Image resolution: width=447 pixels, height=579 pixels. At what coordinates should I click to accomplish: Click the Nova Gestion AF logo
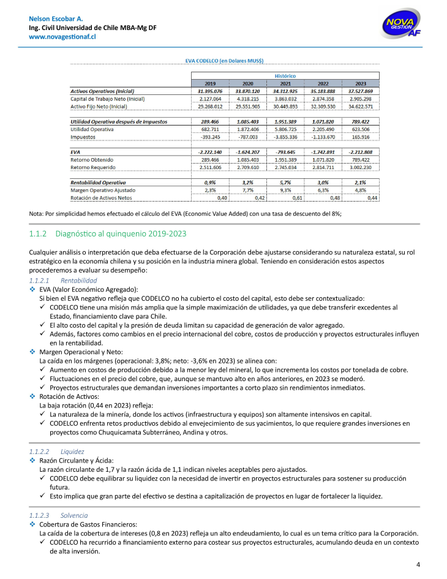click(400, 26)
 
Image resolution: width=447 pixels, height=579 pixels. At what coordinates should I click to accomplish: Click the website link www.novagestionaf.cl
click(62, 37)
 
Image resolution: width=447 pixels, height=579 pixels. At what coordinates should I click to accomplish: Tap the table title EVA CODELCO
click(224, 61)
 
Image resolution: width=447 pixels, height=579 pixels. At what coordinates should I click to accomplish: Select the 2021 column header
click(285, 83)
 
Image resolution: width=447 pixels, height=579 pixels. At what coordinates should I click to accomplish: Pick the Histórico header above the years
click(285, 76)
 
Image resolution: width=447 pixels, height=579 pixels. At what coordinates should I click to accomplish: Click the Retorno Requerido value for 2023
click(361, 167)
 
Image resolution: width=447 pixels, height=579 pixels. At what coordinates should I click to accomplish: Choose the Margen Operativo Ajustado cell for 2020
click(248, 190)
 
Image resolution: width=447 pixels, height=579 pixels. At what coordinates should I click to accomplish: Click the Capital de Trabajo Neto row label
click(108, 99)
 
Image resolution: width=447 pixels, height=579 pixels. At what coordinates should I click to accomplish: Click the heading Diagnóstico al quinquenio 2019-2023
click(121, 234)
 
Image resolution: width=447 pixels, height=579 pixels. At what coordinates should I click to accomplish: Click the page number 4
click(418, 564)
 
